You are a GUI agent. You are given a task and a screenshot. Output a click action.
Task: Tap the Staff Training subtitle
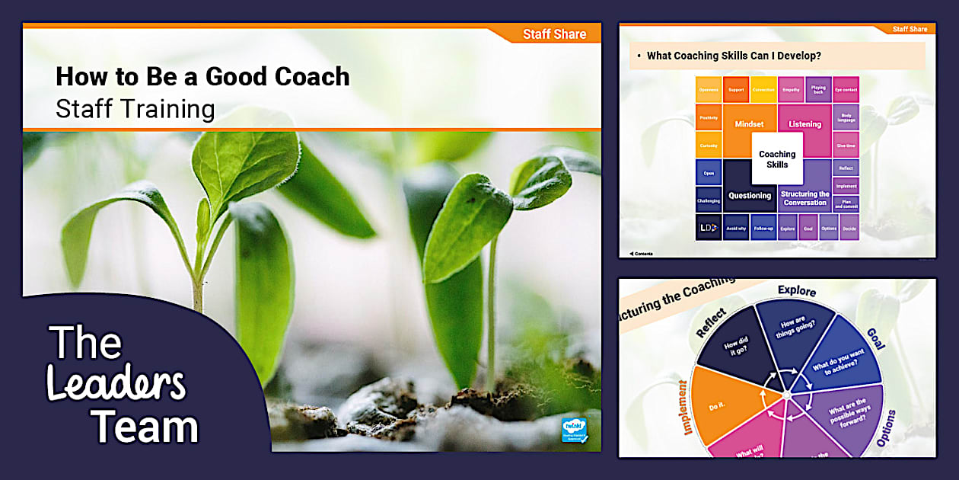click(x=135, y=109)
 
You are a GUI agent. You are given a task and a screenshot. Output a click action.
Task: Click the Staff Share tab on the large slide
click(x=554, y=34)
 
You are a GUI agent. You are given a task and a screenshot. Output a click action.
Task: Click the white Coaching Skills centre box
click(x=776, y=158)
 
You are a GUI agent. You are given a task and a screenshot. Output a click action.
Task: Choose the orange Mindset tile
click(x=748, y=124)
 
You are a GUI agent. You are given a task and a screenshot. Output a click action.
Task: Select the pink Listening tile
click(x=804, y=124)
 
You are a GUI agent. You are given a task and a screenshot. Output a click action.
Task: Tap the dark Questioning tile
click(x=749, y=195)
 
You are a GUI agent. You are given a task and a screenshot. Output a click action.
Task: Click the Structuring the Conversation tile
click(x=804, y=198)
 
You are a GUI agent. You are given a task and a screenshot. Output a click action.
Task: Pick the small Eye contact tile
click(x=846, y=90)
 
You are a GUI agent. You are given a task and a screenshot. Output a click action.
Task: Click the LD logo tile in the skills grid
click(x=708, y=227)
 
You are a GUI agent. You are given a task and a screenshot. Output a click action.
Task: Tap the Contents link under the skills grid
click(x=641, y=254)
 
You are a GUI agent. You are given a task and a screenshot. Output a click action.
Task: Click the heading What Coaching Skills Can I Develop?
click(x=733, y=56)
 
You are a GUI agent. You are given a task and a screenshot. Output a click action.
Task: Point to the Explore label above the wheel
click(x=796, y=291)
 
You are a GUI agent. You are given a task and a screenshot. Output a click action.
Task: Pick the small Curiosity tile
click(x=709, y=145)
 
